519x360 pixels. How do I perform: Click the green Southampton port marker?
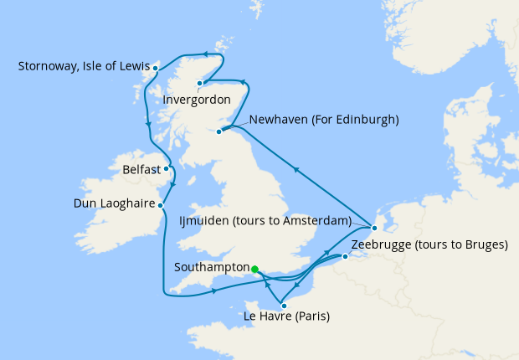254,269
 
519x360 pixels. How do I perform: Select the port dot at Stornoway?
154,66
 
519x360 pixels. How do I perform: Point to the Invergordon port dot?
200,84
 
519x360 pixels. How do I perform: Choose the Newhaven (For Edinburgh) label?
319,120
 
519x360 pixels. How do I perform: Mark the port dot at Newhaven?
220,131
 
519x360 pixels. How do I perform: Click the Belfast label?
141,169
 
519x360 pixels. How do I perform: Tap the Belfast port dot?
166,169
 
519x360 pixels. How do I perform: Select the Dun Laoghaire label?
114,203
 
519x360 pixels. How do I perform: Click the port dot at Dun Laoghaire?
161,203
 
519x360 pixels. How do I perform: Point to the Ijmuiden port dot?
374,227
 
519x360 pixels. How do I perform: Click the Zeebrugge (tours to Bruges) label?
429,244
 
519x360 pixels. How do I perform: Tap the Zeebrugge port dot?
344,257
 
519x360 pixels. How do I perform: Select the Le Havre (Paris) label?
285,316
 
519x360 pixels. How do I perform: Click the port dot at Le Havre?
285,306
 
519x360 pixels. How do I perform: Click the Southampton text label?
211,268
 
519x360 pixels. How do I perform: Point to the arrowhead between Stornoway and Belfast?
148,125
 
